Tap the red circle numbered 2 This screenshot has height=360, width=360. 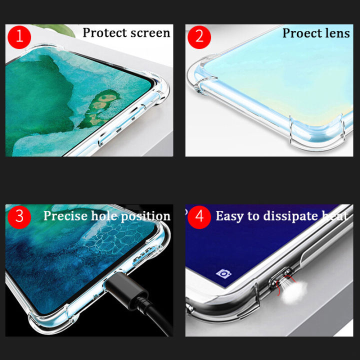click(x=199, y=36)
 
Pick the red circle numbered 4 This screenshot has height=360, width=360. click(x=199, y=216)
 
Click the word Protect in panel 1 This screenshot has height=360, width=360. click(x=105, y=33)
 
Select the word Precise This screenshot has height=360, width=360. click(x=65, y=216)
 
